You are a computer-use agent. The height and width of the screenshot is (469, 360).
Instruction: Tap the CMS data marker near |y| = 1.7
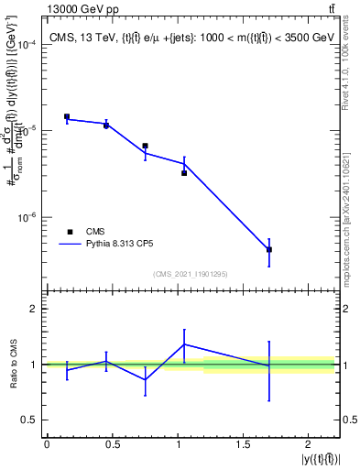pyautogui.click(x=269, y=249)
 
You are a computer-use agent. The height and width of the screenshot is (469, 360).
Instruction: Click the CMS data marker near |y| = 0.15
pyautogui.click(x=67, y=116)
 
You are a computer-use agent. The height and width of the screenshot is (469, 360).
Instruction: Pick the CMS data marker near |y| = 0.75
pyautogui.click(x=145, y=146)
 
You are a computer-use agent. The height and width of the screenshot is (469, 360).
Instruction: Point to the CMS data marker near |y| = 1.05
pyautogui.click(x=184, y=172)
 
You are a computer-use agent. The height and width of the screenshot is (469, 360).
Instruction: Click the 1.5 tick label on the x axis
pyautogui.click(x=243, y=444)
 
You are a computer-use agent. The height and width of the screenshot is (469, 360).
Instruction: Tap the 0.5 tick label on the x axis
pyautogui.click(x=112, y=444)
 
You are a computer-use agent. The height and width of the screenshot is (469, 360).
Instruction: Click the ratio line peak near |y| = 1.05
pyautogui.click(x=184, y=344)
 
